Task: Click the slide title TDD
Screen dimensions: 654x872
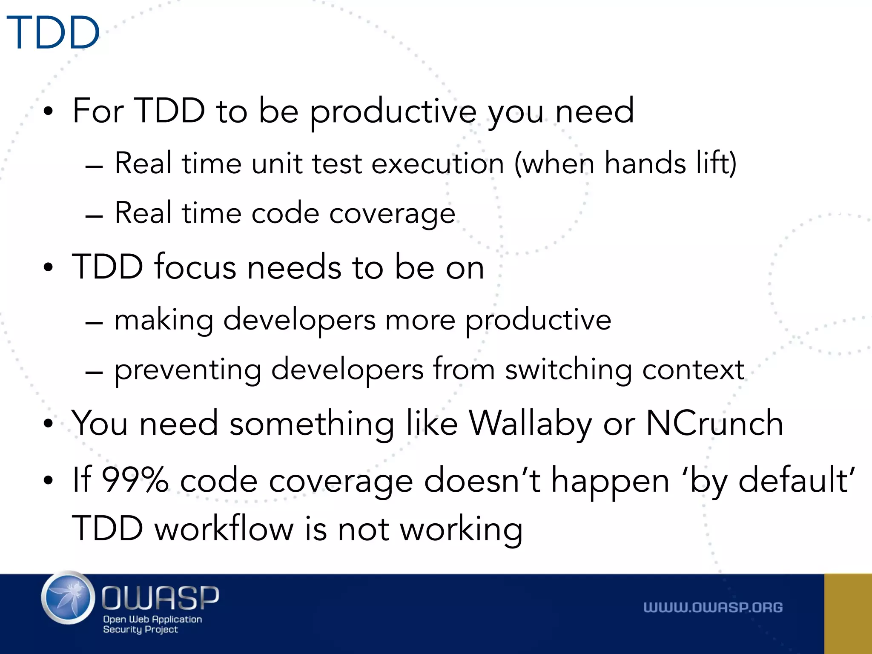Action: (53, 33)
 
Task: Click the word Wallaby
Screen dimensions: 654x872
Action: (530, 424)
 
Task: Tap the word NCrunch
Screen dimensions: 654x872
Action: (714, 424)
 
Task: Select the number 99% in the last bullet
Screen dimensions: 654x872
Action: (135, 480)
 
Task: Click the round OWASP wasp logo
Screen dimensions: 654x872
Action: (68, 598)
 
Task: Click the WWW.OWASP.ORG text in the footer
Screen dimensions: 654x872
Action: (713, 608)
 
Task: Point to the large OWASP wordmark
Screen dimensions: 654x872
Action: (161, 597)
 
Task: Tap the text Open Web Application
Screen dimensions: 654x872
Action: (152, 619)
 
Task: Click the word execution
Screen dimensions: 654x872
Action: (437, 164)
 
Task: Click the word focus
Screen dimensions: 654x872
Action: (195, 267)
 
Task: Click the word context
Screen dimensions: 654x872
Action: (693, 370)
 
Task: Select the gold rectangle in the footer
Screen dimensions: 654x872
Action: (848, 614)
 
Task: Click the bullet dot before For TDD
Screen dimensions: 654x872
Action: (49, 112)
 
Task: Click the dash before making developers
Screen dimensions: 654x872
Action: (94, 323)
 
